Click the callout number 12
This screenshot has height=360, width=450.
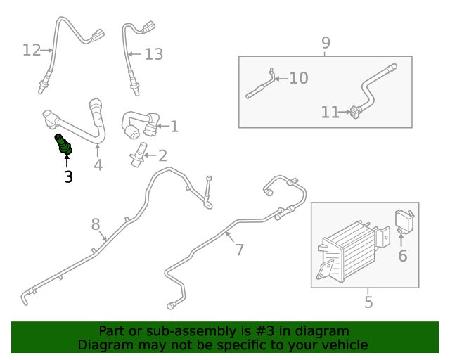pos(32,50)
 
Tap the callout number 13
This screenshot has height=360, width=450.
pos(153,54)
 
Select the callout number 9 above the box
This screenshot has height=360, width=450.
pos(326,43)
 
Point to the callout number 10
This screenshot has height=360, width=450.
pos(298,77)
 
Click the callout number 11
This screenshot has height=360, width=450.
pos(330,112)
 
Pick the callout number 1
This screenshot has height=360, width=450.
pos(174,127)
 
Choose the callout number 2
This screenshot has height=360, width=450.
pos(162,155)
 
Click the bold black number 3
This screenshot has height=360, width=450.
pos(68,176)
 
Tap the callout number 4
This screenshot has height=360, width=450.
pos(98,165)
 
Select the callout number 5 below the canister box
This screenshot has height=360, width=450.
pos(368,302)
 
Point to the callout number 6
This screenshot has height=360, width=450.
pos(402,256)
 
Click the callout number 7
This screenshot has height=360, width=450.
pos(239,249)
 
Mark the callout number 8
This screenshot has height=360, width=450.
pos(96,224)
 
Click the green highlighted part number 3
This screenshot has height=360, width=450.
pos(64,144)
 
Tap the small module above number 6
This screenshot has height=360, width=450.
pos(405,219)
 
